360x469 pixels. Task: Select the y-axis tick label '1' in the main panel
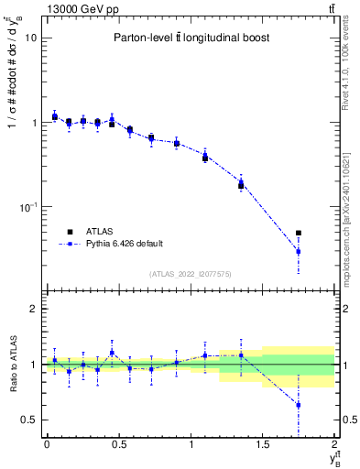tap(34, 123)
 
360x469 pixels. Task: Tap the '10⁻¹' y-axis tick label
tap(28, 206)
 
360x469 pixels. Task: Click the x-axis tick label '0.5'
tap(118, 444)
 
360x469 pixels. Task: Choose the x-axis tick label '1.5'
tap(262, 444)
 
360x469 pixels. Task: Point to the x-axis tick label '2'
tap(334, 444)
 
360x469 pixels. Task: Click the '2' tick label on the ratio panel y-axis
tap(34, 309)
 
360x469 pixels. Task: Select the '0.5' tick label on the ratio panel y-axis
tap(29, 420)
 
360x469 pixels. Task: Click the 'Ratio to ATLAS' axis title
tap(12, 364)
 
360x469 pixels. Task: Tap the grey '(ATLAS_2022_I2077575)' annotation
tap(190, 274)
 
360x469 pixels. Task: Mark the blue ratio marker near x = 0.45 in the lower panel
tap(112, 353)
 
